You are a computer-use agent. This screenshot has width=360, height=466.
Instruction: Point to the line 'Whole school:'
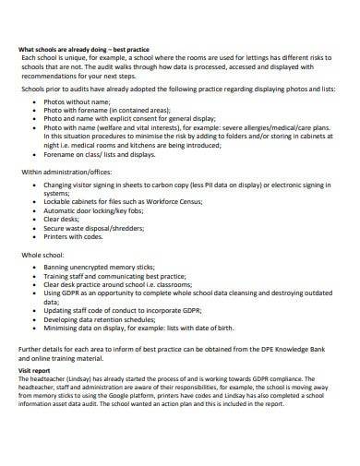pyautogui.click(x=42, y=256)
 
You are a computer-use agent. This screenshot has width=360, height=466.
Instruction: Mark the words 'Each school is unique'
pyautogui.click(x=55, y=57)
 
